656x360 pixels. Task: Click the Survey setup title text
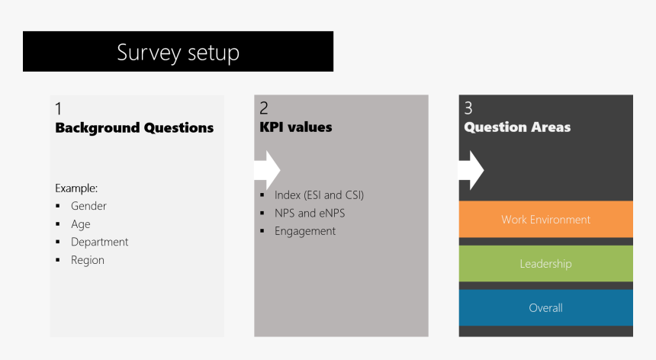coord(178,53)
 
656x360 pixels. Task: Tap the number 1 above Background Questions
coord(59,109)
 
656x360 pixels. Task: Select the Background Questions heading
coord(134,128)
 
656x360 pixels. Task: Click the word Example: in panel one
coord(76,188)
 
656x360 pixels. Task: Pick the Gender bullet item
coord(88,206)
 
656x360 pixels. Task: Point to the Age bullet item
coord(80,224)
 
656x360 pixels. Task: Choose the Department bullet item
coord(99,242)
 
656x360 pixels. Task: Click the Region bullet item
coord(87,260)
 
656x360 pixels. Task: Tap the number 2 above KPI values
coord(264,108)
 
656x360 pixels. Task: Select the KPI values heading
coord(296,127)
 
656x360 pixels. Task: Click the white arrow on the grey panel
coord(268,169)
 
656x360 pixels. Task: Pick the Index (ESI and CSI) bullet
coord(319,195)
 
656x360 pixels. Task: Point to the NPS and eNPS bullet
coord(310,213)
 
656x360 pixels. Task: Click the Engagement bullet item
coord(304,231)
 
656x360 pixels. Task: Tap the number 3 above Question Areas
coord(468,108)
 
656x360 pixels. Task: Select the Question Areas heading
coord(517,127)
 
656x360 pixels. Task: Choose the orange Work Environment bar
coord(545,220)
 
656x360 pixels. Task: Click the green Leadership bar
coord(545,264)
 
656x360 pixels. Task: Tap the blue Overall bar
coord(545,308)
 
